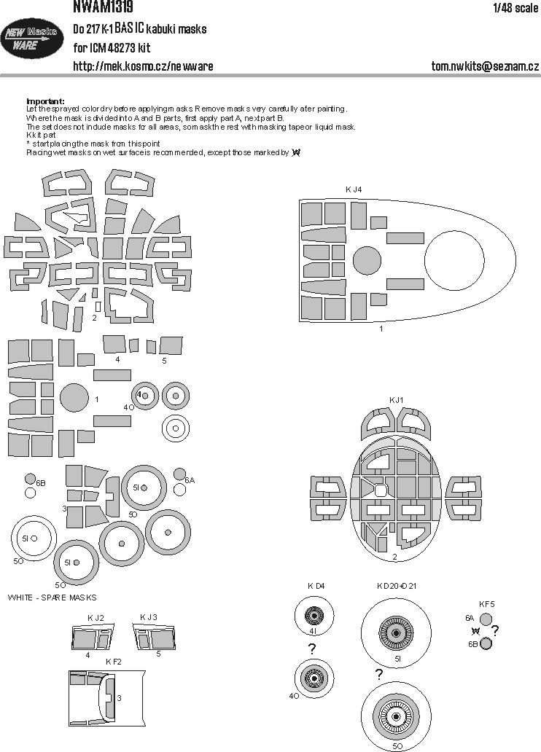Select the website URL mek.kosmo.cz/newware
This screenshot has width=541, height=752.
point(143,66)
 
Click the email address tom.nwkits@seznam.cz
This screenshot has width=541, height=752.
point(484,66)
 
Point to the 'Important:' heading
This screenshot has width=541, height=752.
point(44,101)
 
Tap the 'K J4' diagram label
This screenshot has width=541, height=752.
point(354,189)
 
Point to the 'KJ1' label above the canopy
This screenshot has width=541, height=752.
point(396,399)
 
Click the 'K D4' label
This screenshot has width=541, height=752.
point(316,585)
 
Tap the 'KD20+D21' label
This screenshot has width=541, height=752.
point(397,585)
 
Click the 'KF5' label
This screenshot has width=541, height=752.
point(487,603)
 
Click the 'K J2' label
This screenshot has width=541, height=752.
point(96,618)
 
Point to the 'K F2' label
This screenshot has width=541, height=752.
point(113,662)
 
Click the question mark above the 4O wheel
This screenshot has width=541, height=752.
point(312,649)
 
